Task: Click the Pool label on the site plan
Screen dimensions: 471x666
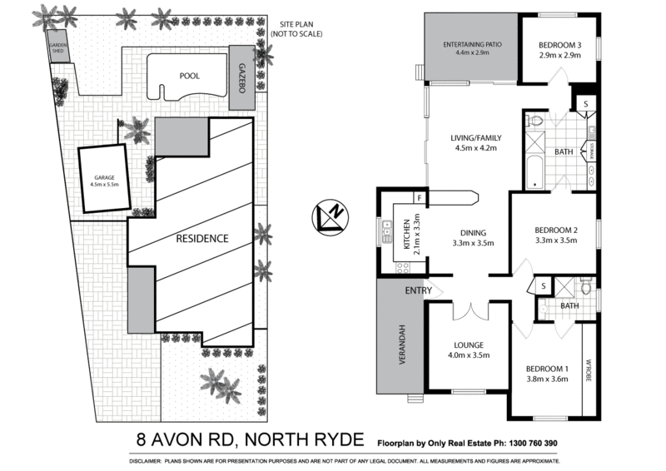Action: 190,74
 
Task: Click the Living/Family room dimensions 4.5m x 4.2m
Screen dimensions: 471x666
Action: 475,149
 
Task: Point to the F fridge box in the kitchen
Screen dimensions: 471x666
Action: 420,198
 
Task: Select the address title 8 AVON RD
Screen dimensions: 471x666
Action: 186,440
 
